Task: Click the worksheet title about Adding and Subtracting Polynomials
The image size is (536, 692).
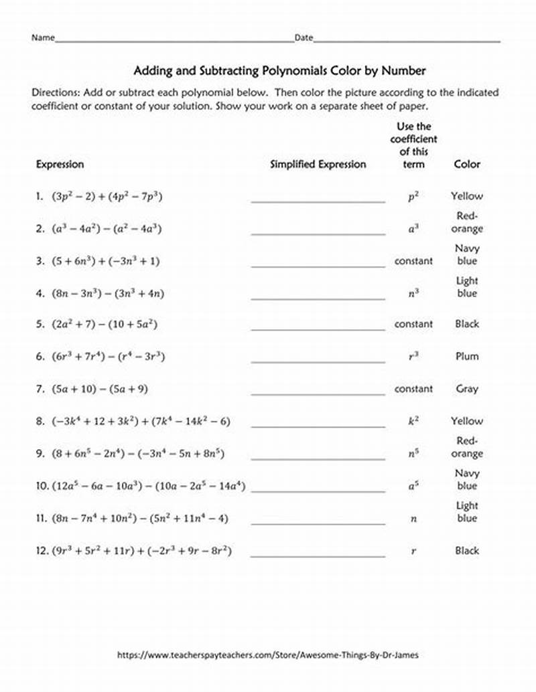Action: [280, 70]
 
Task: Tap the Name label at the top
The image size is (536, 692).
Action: [42, 38]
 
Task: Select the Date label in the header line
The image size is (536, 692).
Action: [304, 38]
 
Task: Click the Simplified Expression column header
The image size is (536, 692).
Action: [318, 164]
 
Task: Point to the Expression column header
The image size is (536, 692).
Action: [60, 164]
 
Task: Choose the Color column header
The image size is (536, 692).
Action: [467, 164]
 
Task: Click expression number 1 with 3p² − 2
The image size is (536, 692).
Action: [108, 197]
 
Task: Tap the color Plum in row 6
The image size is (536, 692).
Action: [467, 356]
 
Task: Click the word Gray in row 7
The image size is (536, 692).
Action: [467, 389]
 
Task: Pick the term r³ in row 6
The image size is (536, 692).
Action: [413, 356]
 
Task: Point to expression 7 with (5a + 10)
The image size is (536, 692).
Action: [108, 389]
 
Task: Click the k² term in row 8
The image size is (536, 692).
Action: [413, 421]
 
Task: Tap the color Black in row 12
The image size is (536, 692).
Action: [467, 551]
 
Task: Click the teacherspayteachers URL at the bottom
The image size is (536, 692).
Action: [269, 655]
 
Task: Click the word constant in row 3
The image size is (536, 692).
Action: [413, 261]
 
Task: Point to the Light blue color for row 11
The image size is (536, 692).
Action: [467, 512]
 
